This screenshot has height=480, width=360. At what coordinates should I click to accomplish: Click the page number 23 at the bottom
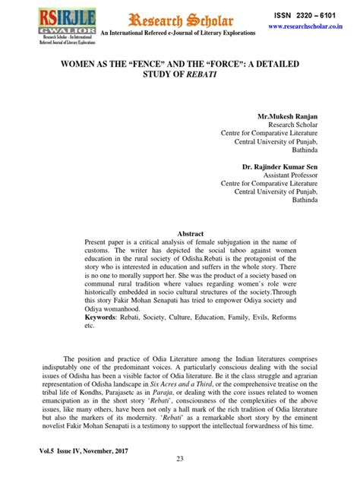click(x=180, y=458)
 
